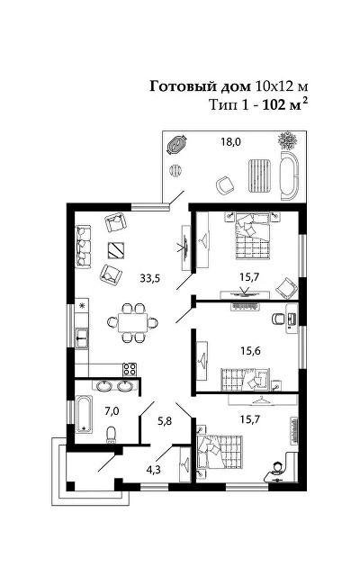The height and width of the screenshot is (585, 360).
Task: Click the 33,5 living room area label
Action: [150, 278]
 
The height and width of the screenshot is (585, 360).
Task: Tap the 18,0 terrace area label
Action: [231, 142]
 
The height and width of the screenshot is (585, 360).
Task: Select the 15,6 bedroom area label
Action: [250, 351]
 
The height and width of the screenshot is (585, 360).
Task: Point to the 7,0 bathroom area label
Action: [112, 411]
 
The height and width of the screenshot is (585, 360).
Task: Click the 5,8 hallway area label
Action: [165, 421]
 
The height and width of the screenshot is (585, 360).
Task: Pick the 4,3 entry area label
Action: [153, 469]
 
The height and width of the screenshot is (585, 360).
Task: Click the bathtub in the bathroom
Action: [84, 413]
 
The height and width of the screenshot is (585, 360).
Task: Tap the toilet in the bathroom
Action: [112, 435]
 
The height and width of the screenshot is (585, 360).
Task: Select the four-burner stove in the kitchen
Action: [130, 369]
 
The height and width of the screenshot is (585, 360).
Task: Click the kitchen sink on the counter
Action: [82, 337]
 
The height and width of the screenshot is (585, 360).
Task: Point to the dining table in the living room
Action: [132, 323]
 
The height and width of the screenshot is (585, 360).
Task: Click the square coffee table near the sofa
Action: [116, 250]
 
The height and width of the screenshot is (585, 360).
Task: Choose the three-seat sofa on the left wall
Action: [83, 247]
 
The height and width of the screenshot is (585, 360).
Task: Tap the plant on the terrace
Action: [288, 140]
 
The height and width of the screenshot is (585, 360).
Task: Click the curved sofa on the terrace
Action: [290, 176]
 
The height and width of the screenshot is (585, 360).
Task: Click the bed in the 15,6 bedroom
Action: [245, 380]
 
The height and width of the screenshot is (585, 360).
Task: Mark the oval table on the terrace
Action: [176, 145]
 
